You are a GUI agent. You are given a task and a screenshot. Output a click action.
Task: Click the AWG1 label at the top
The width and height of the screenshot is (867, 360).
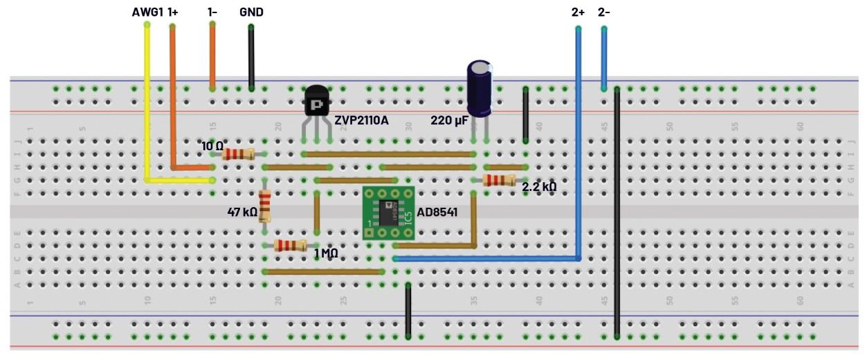(147, 12)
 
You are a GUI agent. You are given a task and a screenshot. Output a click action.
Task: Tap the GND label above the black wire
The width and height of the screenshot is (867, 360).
(251, 12)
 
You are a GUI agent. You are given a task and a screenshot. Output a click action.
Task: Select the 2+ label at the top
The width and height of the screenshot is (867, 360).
(578, 12)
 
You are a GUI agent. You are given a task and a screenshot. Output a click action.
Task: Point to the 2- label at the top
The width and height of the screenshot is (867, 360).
(603, 12)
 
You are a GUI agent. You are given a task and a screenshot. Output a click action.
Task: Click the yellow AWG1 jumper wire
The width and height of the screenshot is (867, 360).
(147, 104)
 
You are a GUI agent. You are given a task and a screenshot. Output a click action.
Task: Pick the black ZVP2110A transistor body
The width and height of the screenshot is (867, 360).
(316, 102)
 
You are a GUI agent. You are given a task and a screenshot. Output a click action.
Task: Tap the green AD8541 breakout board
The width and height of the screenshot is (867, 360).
(388, 213)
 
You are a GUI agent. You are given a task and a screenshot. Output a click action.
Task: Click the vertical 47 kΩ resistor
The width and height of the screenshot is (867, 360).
(264, 206)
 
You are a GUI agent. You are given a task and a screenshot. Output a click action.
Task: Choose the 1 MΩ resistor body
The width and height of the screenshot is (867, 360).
(291, 245)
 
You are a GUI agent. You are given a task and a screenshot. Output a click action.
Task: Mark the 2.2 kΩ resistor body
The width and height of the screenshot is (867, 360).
(500, 180)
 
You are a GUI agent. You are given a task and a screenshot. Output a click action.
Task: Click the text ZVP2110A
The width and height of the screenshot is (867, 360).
(361, 120)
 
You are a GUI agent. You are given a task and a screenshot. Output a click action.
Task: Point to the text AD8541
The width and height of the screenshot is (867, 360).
(437, 213)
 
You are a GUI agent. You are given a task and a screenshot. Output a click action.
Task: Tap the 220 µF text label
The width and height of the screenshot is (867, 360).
(449, 120)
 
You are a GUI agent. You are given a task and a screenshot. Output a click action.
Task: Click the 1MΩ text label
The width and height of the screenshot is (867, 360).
(326, 253)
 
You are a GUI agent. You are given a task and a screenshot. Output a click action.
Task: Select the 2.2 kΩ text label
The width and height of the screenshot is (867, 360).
(539, 187)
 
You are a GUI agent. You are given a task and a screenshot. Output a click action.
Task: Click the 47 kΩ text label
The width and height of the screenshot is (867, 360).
(242, 212)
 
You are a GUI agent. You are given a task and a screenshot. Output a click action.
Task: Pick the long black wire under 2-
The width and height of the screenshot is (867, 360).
(617, 208)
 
